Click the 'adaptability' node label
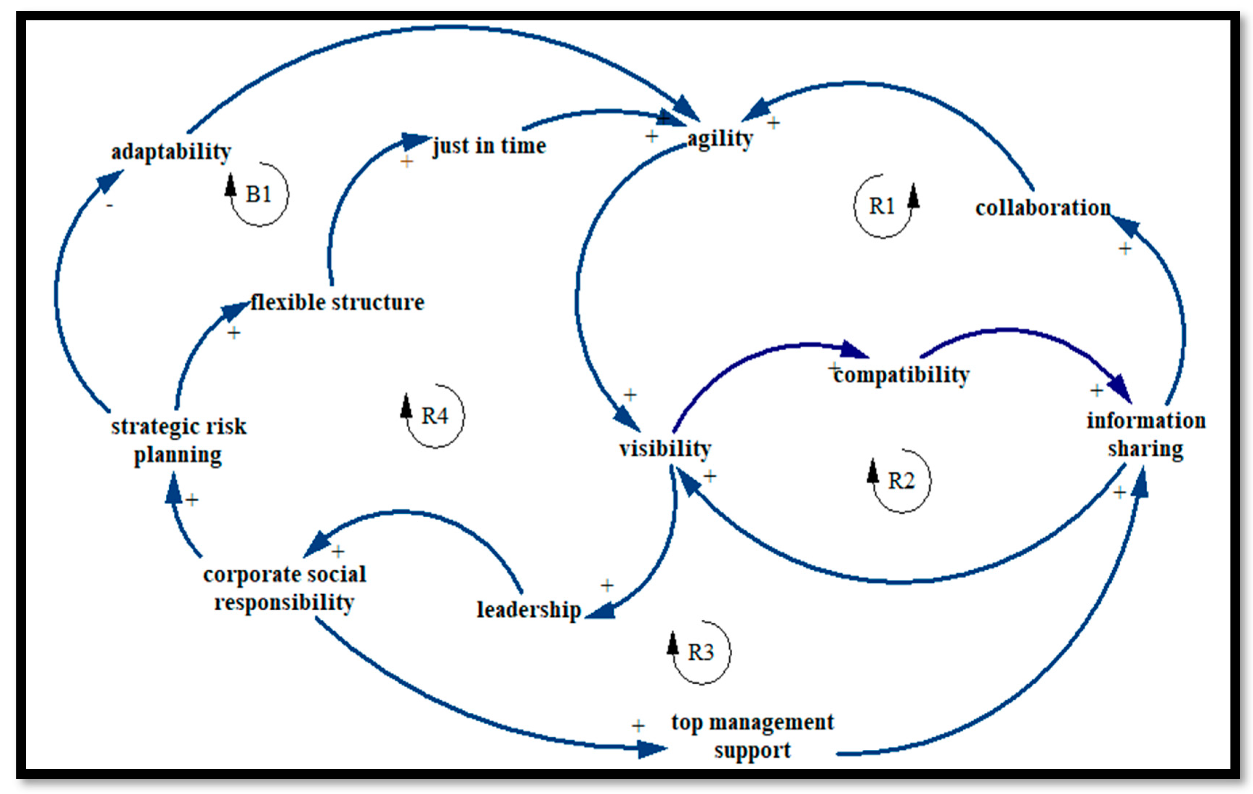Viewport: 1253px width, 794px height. point(171,152)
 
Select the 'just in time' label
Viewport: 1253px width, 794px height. point(489,146)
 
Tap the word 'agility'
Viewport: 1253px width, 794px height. point(720,138)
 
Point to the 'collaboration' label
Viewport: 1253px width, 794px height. point(1043,208)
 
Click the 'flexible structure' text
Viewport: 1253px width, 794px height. point(337,302)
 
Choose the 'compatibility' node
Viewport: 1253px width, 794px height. point(901,374)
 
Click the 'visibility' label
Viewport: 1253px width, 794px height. point(665,448)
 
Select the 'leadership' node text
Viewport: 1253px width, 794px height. point(529,610)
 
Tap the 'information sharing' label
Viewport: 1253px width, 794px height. point(1146,435)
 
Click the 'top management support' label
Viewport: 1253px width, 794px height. point(753,736)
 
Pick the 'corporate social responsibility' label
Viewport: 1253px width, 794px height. point(285,588)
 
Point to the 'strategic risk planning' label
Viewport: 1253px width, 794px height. point(178,440)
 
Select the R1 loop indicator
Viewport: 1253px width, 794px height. point(882,207)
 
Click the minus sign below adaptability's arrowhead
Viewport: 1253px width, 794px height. point(109,206)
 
